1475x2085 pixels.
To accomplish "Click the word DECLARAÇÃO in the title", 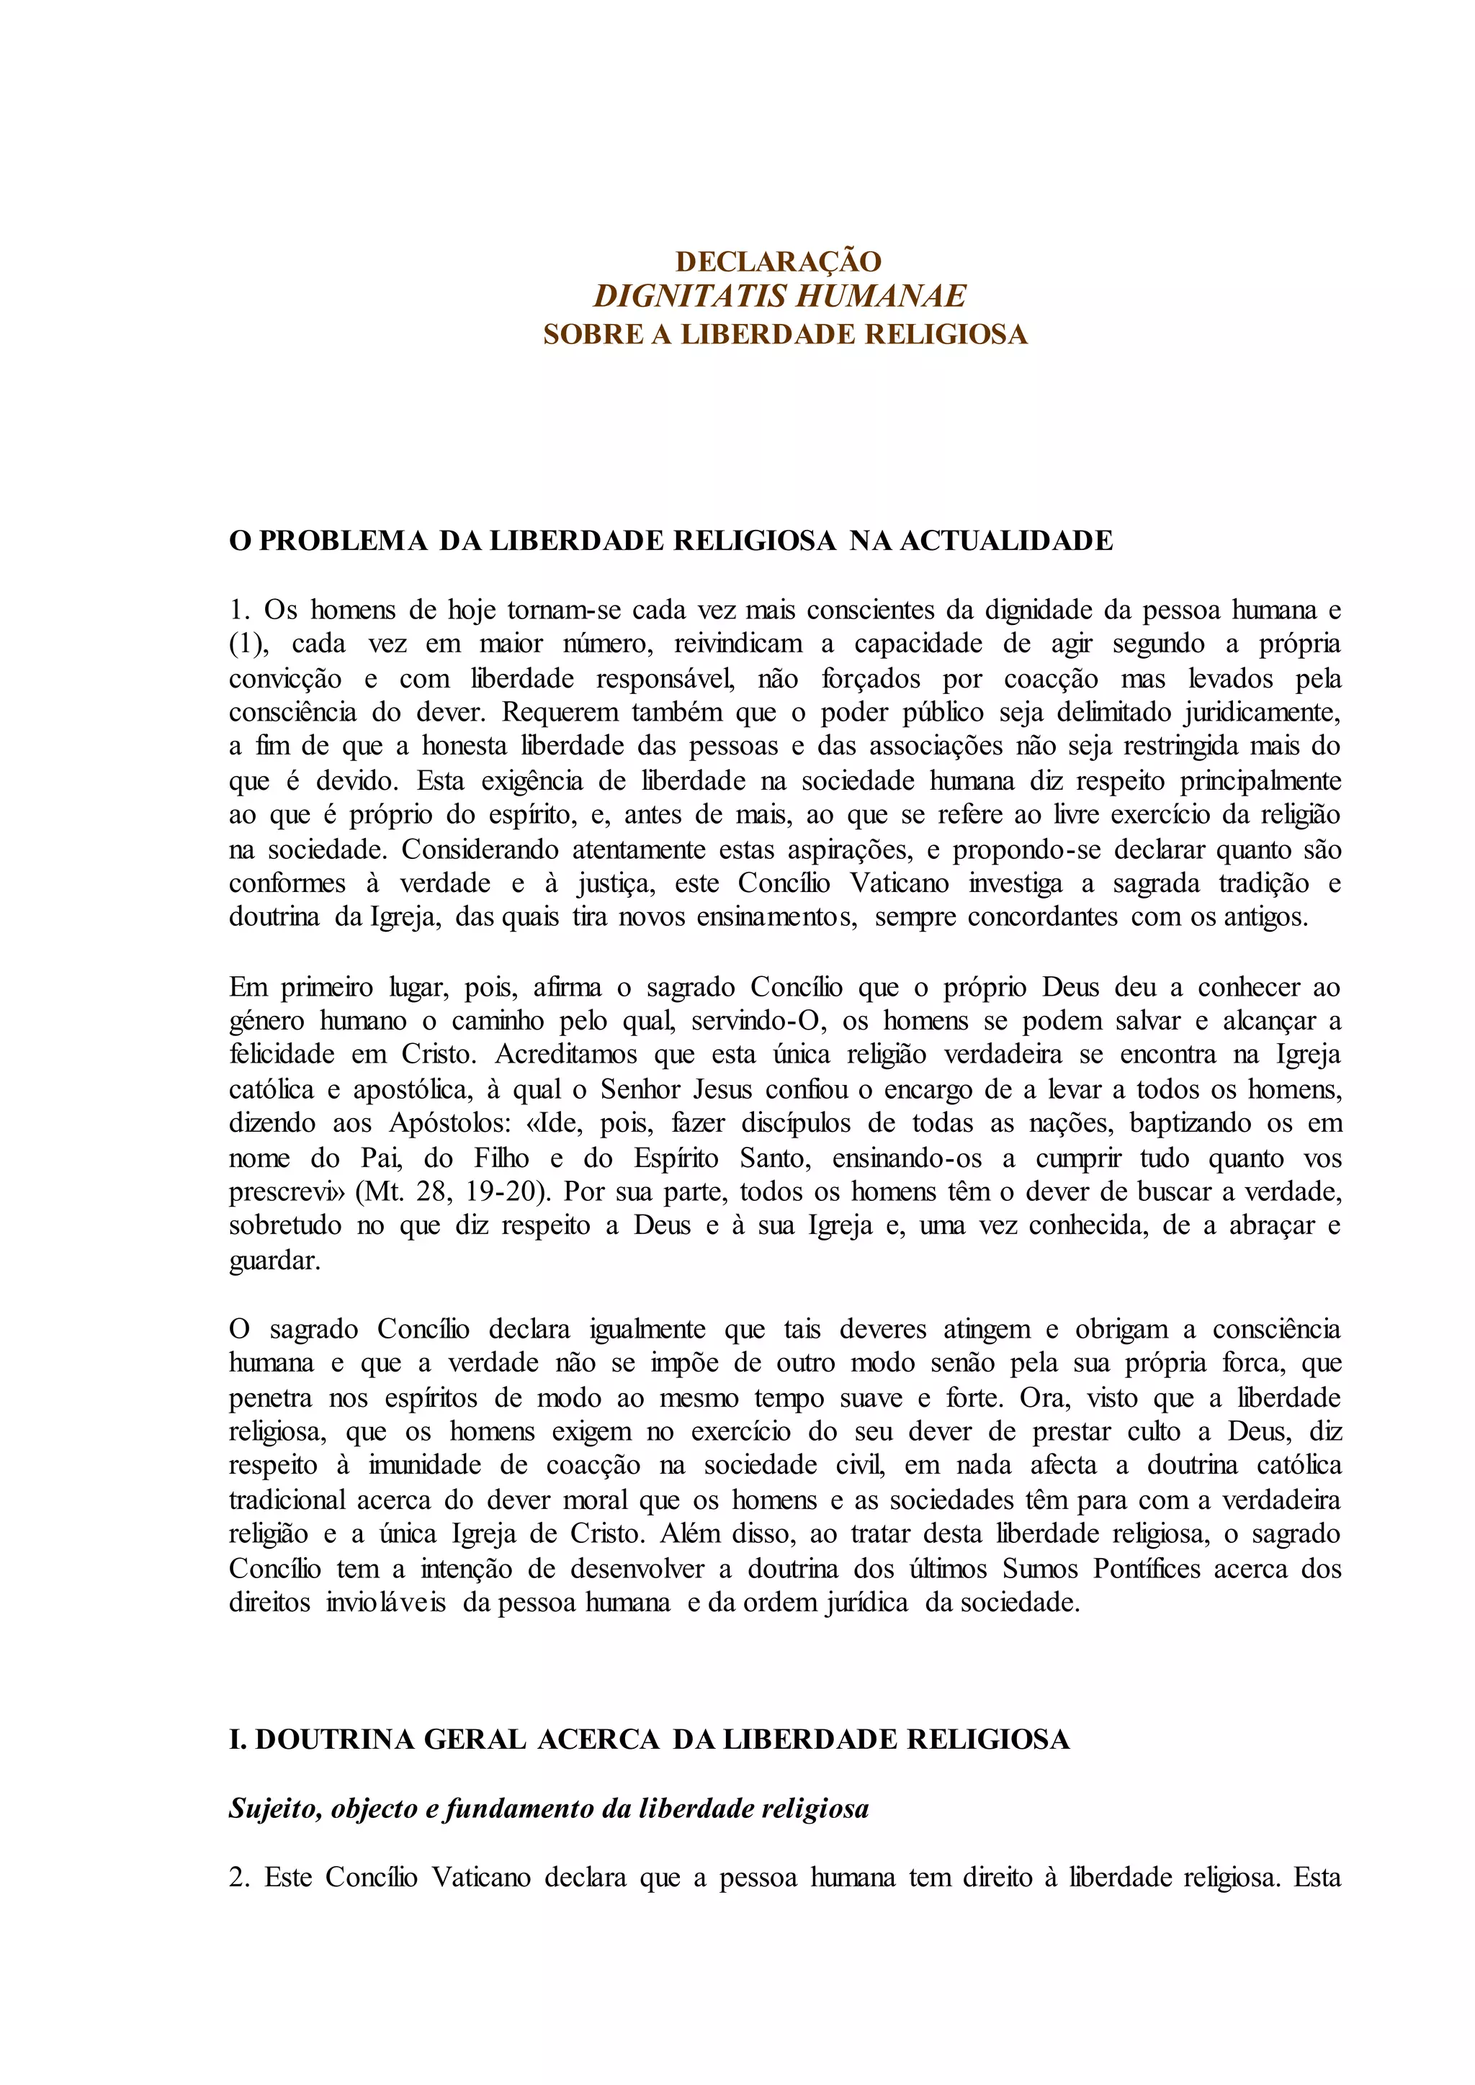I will pos(779,261).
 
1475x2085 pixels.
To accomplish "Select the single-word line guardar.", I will pos(274,1261).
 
